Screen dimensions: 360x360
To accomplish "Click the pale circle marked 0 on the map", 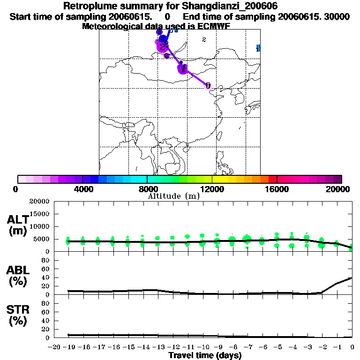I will point(208,86).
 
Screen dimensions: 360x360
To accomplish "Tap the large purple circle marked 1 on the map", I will point(183,68).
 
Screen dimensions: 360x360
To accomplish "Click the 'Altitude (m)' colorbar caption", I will point(173,196).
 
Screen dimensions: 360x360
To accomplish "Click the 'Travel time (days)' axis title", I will point(205,355).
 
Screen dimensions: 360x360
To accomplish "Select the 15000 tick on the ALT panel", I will point(39,214).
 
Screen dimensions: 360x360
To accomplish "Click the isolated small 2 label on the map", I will point(204,39).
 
